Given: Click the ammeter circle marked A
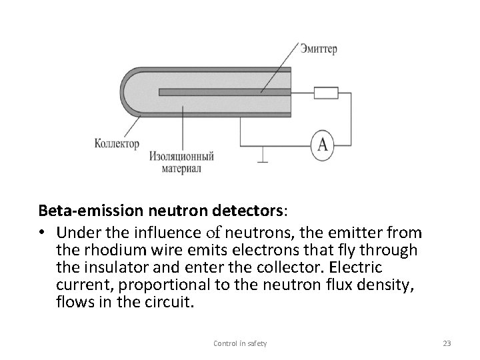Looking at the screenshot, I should coord(323,145).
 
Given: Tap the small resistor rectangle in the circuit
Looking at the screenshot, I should coord(326,93).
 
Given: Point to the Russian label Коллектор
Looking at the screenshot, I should coord(117,143).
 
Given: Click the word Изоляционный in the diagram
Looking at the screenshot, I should coord(181,157).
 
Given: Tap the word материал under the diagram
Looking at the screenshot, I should coord(181,169).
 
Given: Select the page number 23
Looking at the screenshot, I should coord(447,343).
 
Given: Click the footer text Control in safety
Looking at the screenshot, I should coord(239,343).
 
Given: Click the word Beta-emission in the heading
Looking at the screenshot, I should coord(85,212).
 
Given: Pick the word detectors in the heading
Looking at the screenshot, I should coord(247,212).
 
